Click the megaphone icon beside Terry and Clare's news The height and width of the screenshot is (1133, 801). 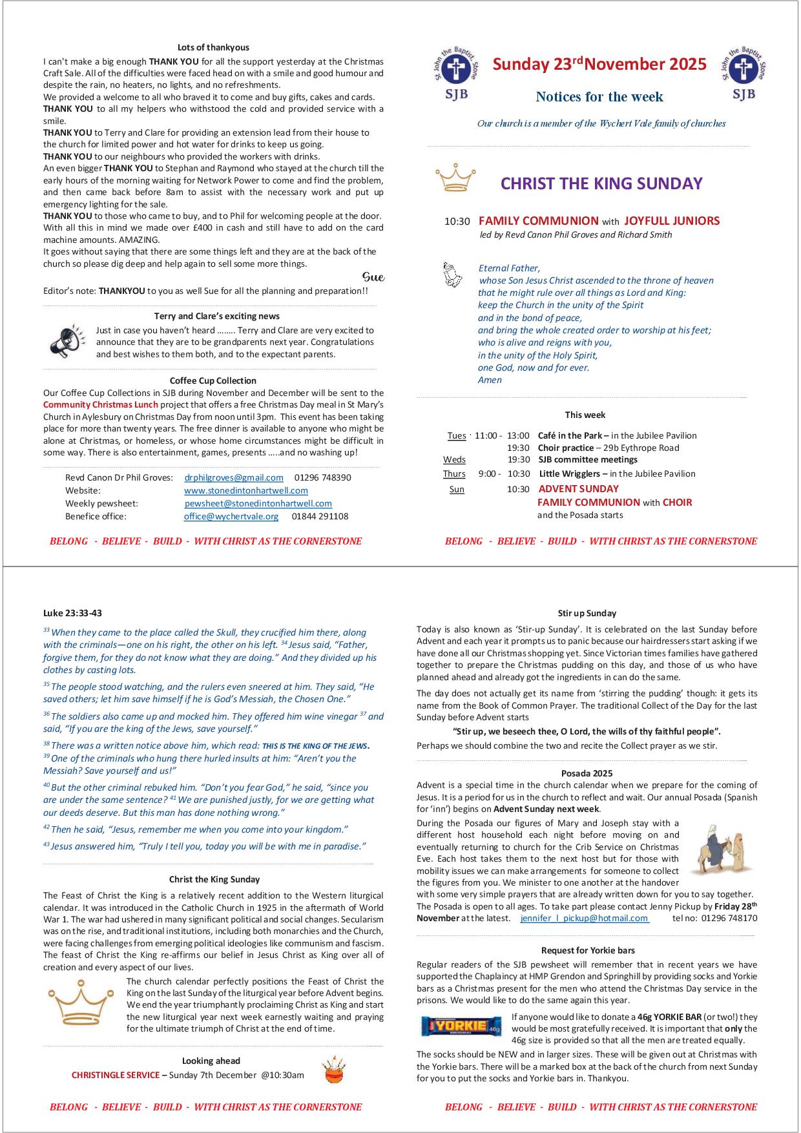click(x=67, y=341)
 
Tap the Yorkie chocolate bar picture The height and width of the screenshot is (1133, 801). click(x=461, y=1026)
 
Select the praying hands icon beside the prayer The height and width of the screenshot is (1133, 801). click(x=453, y=274)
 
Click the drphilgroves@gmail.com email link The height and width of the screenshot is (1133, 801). click(x=234, y=478)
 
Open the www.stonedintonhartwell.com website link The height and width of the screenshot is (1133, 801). click(x=245, y=491)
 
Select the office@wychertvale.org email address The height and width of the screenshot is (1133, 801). click(x=231, y=517)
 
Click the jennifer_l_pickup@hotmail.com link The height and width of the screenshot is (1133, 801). click(x=584, y=918)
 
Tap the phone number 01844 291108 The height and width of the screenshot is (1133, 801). click(x=320, y=517)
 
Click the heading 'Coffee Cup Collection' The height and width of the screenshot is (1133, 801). click(x=213, y=380)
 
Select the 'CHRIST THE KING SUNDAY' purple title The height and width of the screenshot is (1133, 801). click(x=601, y=183)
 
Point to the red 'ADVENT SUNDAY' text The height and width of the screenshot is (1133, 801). click(x=578, y=489)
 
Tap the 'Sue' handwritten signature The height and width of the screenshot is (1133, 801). click(x=373, y=277)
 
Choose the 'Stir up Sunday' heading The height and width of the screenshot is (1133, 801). click(x=587, y=613)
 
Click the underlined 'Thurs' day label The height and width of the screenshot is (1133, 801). click(x=454, y=474)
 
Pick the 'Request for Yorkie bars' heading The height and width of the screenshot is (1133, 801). click(x=588, y=950)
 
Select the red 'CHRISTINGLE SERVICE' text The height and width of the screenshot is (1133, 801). click(x=115, y=1076)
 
